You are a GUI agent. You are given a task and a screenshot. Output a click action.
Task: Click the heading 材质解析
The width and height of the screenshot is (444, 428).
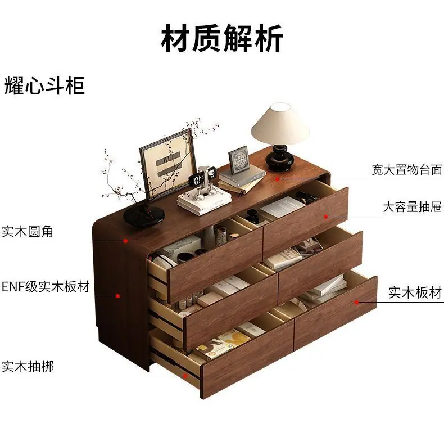(x=222, y=38)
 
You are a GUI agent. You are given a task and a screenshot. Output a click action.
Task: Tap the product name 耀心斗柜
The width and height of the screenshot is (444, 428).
(x=44, y=85)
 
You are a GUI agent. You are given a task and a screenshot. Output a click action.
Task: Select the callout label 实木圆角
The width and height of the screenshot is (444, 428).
(x=28, y=231)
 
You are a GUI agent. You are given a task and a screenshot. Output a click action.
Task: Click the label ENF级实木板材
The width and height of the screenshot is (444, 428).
(x=46, y=286)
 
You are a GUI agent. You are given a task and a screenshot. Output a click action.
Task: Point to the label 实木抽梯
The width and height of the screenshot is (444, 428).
(x=28, y=366)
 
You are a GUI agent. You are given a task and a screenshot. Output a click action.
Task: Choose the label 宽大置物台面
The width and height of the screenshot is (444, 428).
(x=407, y=169)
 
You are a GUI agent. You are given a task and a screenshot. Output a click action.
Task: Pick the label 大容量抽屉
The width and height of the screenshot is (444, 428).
(x=412, y=207)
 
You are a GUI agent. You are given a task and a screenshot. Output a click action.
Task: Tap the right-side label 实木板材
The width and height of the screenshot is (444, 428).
(x=415, y=292)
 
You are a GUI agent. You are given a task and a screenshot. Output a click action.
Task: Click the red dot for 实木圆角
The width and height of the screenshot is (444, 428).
(x=125, y=241)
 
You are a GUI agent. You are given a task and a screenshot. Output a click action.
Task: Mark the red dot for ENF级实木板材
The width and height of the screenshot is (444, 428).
(x=118, y=296)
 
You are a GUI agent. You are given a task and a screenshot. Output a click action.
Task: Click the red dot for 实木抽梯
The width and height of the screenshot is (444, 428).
(x=185, y=376)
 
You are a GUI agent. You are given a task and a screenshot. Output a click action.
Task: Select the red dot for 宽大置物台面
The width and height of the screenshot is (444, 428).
(x=278, y=179)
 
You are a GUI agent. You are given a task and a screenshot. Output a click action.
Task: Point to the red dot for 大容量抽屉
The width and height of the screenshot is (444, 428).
(x=326, y=217)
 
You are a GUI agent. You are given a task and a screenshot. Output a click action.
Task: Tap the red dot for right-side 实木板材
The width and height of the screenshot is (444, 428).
(x=356, y=303)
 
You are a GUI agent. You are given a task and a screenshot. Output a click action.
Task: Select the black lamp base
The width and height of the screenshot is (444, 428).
(x=278, y=158)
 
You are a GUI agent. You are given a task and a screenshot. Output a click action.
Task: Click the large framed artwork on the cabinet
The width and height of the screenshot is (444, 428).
(x=168, y=164)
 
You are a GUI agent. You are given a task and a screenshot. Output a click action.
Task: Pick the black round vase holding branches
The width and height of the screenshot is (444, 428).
(x=144, y=215)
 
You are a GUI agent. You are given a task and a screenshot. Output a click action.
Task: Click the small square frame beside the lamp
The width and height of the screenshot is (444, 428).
(x=239, y=160)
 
